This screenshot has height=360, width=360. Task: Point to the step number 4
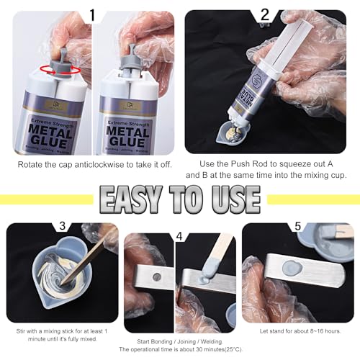pyautogui.click(x=180, y=233)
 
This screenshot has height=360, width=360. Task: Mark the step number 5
pyautogui.click(x=299, y=233)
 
